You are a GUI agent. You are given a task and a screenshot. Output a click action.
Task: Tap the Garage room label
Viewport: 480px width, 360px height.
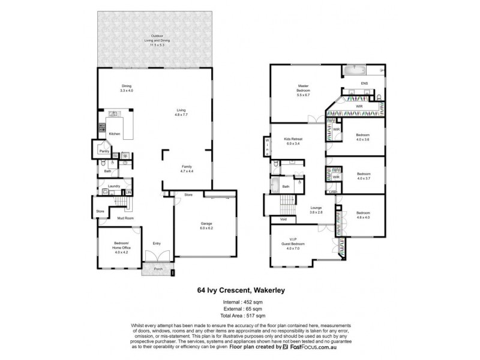tap(206, 227)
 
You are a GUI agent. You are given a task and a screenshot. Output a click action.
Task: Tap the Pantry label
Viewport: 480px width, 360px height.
tap(103, 152)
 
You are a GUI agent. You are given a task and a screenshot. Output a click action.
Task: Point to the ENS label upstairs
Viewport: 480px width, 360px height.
tap(364, 83)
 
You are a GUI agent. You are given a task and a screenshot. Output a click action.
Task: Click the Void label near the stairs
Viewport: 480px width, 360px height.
tap(283, 220)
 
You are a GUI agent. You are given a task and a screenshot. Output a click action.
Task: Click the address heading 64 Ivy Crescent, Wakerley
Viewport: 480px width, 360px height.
tap(241, 289)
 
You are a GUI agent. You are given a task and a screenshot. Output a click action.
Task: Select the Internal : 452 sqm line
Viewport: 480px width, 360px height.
tap(240, 302)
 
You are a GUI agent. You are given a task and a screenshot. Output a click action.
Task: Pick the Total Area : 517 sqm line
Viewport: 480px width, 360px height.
tap(240, 315)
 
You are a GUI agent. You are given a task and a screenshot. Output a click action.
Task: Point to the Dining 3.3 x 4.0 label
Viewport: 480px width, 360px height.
tap(126, 88)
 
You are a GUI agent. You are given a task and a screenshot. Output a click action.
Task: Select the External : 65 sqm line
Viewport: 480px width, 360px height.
tap(240, 308)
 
